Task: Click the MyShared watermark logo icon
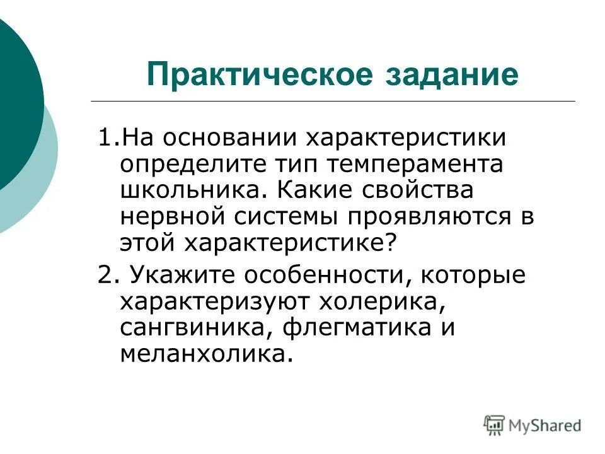pyautogui.click(x=495, y=424)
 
